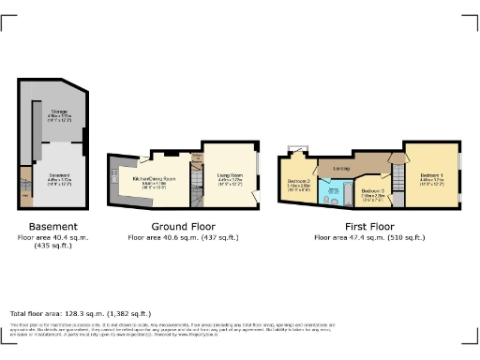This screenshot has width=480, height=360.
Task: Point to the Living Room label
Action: pos(230,175)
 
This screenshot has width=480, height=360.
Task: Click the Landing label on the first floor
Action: pos(341,169)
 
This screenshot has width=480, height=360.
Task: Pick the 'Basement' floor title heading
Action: pos(47,227)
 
